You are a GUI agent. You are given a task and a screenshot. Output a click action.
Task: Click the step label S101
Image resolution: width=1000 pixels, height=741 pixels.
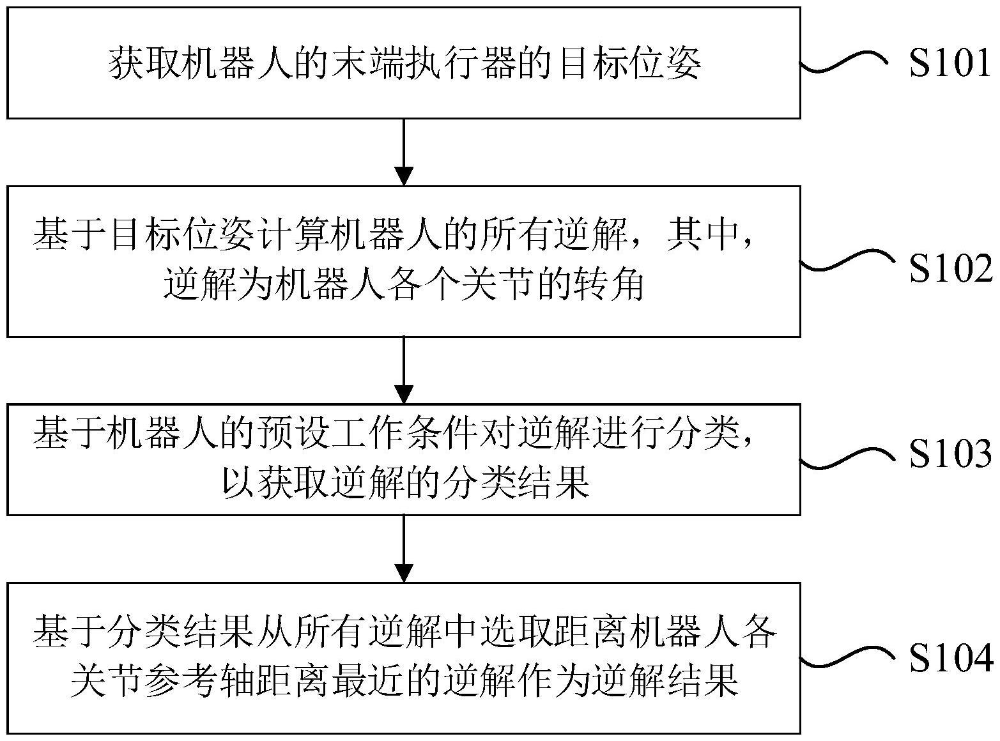coord(951,64)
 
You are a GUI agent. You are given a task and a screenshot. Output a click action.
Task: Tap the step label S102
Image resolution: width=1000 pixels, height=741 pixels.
coord(951,269)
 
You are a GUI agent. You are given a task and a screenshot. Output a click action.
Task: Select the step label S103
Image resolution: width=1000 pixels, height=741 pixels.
coord(951,454)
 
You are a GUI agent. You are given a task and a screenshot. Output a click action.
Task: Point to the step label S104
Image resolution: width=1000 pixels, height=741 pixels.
coord(951,659)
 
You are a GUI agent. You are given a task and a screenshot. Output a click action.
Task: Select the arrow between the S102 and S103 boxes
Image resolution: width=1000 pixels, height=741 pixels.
coord(404,370)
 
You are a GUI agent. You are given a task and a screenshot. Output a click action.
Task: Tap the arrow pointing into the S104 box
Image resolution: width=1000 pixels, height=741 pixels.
coord(404,549)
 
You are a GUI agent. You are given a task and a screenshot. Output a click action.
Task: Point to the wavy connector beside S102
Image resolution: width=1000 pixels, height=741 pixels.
coord(843,262)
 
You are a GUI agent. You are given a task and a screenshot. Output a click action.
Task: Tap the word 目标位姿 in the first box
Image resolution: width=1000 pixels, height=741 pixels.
coord(629,65)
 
